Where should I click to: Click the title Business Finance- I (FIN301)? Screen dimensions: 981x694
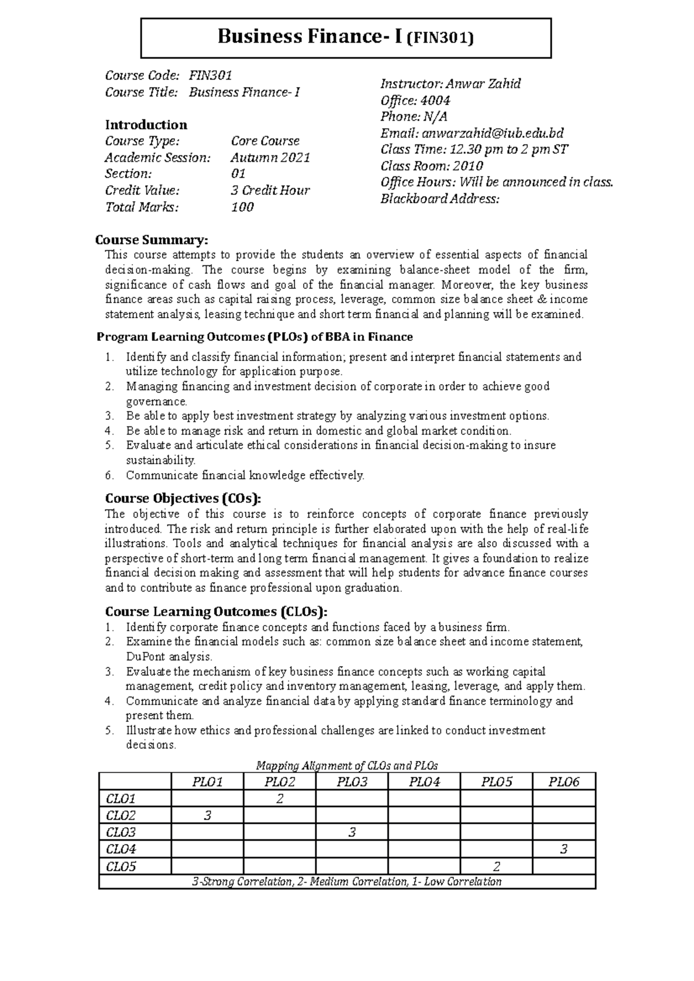(345, 38)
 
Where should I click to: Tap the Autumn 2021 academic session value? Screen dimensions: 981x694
(270, 158)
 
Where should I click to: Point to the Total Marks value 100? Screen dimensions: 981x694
(242, 207)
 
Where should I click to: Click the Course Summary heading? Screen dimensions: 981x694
(151, 240)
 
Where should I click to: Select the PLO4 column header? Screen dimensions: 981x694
(424, 782)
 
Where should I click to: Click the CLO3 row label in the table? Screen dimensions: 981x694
(121, 833)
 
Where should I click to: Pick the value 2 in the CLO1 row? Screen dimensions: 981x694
(279, 800)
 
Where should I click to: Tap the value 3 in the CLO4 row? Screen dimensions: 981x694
(563, 849)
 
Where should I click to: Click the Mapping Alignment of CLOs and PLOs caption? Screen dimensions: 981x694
(347, 766)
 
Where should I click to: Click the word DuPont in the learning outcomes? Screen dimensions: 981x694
(145, 657)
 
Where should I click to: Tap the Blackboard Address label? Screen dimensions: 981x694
(440, 199)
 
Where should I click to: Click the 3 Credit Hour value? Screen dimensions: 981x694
(270, 191)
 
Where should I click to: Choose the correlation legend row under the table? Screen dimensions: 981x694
(347, 882)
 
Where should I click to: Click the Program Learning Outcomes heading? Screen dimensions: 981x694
(254, 337)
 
